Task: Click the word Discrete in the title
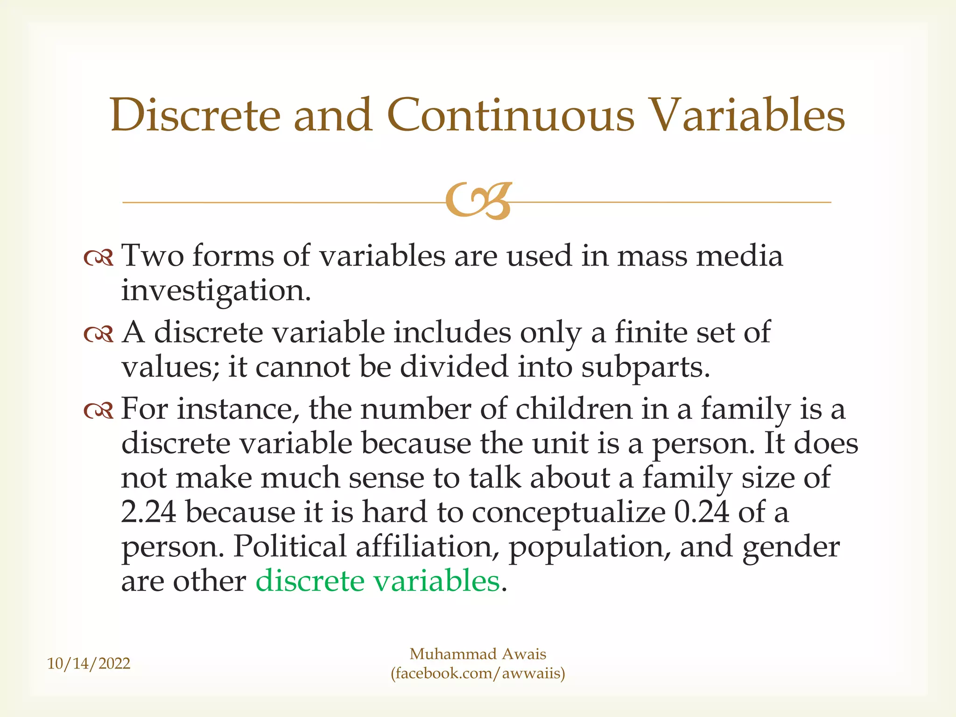click(x=195, y=115)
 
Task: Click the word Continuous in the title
click(x=511, y=115)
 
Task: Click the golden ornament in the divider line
click(x=478, y=202)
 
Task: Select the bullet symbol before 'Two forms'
click(x=98, y=258)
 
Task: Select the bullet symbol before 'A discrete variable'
click(x=98, y=334)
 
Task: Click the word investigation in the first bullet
click(x=216, y=291)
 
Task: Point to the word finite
click(x=651, y=332)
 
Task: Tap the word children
click(x=574, y=409)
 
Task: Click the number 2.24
click(x=148, y=512)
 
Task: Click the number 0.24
click(x=701, y=512)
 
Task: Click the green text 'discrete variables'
click(x=377, y=581)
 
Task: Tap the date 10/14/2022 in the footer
click(x=89, y=663)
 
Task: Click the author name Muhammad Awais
click(x=478, y=654)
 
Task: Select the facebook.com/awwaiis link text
click(x=478, y=674)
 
